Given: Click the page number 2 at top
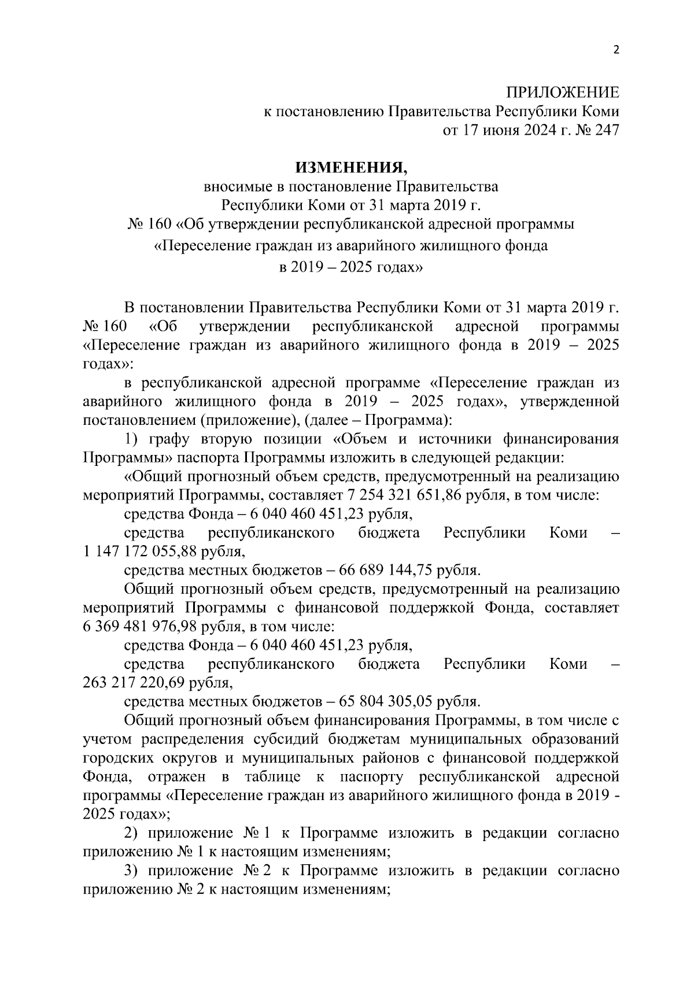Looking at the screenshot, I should coord(615,50).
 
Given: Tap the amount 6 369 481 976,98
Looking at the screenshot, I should coord(146,627).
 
